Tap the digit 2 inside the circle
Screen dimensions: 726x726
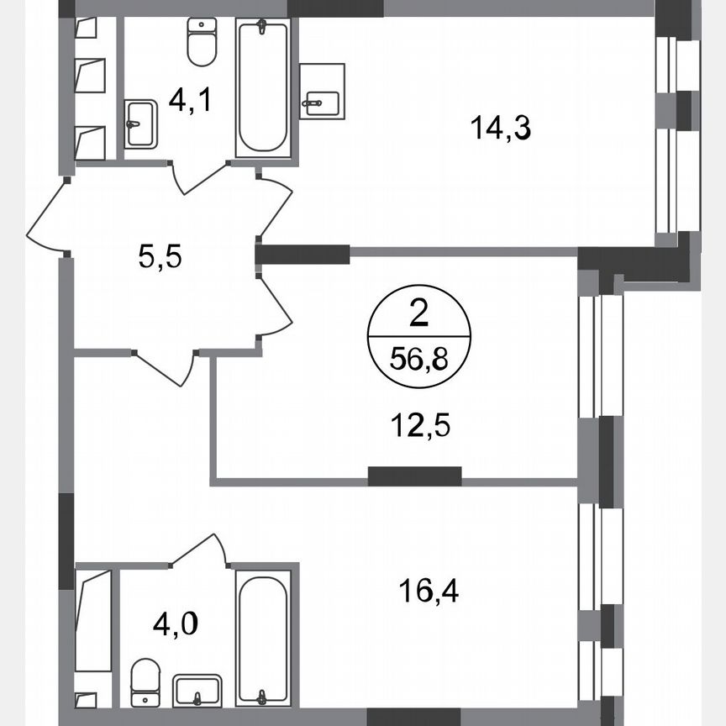418,315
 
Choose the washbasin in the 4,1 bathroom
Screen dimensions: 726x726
140,124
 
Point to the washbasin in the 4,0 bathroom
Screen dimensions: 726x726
197,691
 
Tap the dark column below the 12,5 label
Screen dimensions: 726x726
415,476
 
